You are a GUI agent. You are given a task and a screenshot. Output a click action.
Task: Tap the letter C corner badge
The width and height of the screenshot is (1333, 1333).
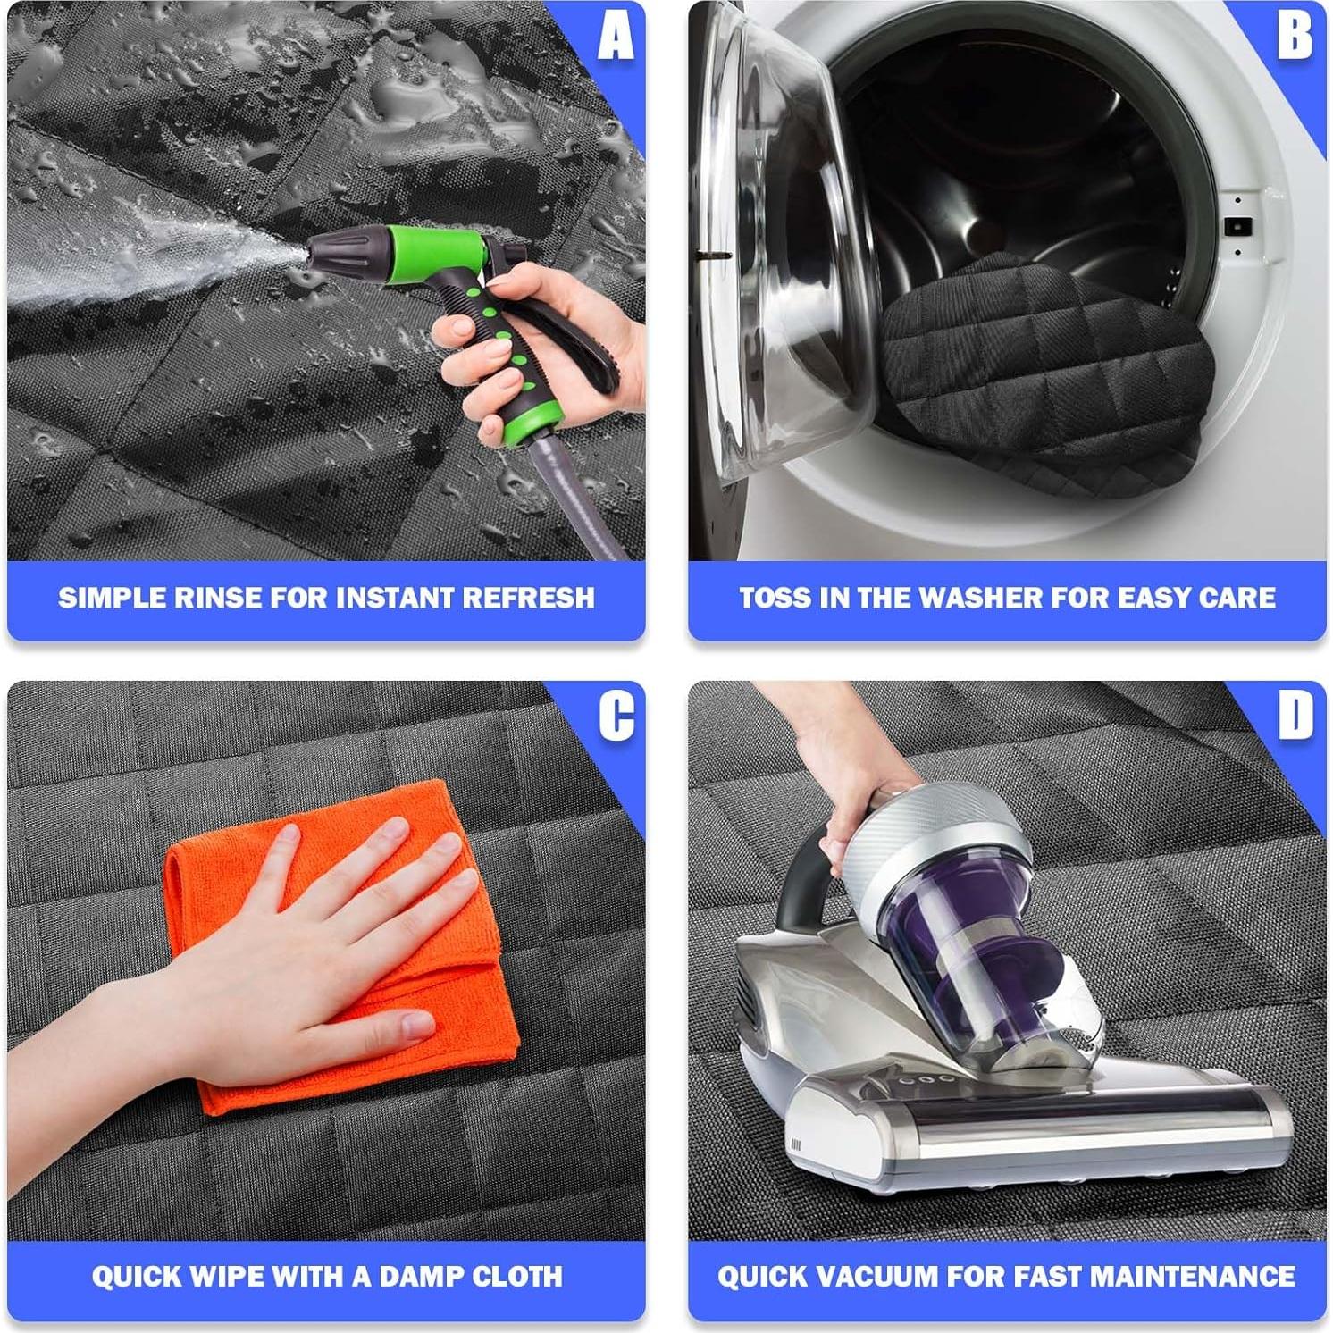point(615,716)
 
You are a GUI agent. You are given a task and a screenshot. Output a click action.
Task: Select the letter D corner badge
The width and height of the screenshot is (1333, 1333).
point(1295,716)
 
